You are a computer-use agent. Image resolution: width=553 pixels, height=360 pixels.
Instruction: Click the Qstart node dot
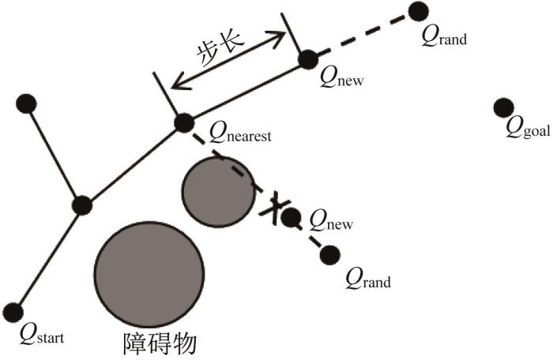(13, 313)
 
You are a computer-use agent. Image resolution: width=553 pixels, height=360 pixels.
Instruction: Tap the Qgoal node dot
(504, 108)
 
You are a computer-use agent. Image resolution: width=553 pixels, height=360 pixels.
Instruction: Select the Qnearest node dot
(184, 123)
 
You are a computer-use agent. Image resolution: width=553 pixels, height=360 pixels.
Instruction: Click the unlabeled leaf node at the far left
(26, 104)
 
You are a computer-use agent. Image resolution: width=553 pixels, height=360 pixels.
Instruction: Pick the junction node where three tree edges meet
(82, 205)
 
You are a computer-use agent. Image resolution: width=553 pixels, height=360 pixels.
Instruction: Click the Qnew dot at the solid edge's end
(308, 59)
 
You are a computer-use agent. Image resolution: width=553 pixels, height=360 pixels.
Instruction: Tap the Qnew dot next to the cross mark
(292, 218)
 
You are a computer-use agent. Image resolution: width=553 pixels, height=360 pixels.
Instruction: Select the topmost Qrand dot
(419, 11)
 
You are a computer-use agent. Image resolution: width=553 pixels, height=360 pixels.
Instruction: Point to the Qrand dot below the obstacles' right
(330, 254)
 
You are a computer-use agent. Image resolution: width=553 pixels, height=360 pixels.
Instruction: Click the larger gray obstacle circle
(149, 275)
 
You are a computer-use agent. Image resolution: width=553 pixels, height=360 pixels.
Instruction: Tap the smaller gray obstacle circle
(219, 192)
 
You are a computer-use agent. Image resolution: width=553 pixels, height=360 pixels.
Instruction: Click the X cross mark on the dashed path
(275, 208)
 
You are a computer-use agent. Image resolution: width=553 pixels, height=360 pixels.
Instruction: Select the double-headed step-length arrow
(228, 59)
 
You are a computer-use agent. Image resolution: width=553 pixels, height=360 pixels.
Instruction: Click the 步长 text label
(220, 49)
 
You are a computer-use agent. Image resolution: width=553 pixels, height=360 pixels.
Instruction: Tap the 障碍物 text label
(160, 343)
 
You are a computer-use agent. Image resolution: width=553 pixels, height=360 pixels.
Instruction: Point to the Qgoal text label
(528, 129)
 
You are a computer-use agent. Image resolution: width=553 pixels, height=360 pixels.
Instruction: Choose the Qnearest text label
(240, 133)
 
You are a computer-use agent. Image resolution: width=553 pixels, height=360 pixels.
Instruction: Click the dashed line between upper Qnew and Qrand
(363, 36)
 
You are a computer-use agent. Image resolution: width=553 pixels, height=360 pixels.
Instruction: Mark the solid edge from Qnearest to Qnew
(246, 92)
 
